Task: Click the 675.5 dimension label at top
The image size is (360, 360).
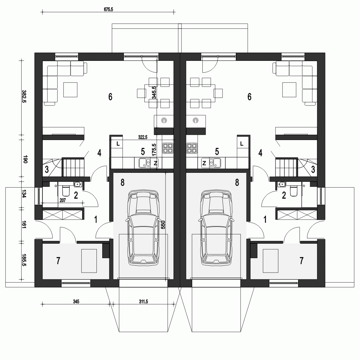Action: click(x=109, y=9)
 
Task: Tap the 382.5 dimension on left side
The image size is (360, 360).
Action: click(x=24, y=96)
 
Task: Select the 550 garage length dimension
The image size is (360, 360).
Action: click(x=163, y=225)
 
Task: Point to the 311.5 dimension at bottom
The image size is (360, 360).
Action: click(x=143, y=301)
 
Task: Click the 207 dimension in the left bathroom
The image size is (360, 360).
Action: click(x=63, y=201)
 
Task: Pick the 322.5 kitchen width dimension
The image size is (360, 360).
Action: click(x=143, y=137)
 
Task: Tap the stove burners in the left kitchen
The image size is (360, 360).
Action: click(x=168, y=148)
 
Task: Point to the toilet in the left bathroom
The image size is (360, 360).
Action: click(x=66, y=190)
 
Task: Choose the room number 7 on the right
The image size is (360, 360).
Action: click(x=301, y=261)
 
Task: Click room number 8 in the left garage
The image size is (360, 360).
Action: click(x=122, y=183)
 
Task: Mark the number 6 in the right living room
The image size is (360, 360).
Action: click(x=249, y=96)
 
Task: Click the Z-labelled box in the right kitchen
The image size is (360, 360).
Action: click(x=204, y=163)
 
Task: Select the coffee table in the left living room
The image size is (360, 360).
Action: click(x=71, y=90)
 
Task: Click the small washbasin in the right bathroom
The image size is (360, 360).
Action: click(x=282, y=184)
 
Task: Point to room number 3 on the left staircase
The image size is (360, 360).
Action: click(x=47, y=170)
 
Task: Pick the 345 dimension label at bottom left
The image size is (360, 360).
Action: click(x=76, y=301)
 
